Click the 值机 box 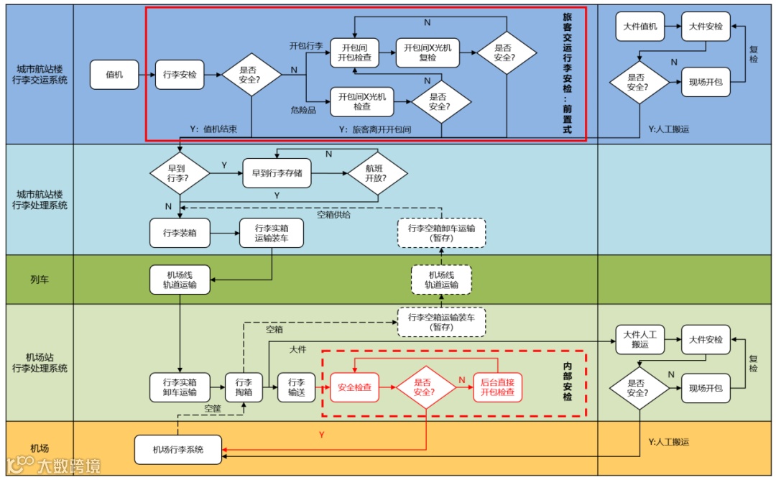click(x=114, y=75)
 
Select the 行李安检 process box click(x=180, y=75)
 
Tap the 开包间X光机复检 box click(x=428, y=52)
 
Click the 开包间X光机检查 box click(x=362, y=101)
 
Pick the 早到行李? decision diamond click(x=180, y=172)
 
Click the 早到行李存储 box click(x=277, y=173)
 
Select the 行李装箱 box click(x=180, y=233)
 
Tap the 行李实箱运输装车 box click(x=272, y=233)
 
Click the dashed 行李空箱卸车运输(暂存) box click(x=441, y=233)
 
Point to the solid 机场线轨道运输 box click(x=180, y=280)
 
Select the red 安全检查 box click(x=355, y=387)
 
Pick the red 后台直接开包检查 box click(x=497, y=387)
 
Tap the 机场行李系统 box click(x=177, y=450)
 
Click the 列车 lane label click(x=40, y=279)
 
